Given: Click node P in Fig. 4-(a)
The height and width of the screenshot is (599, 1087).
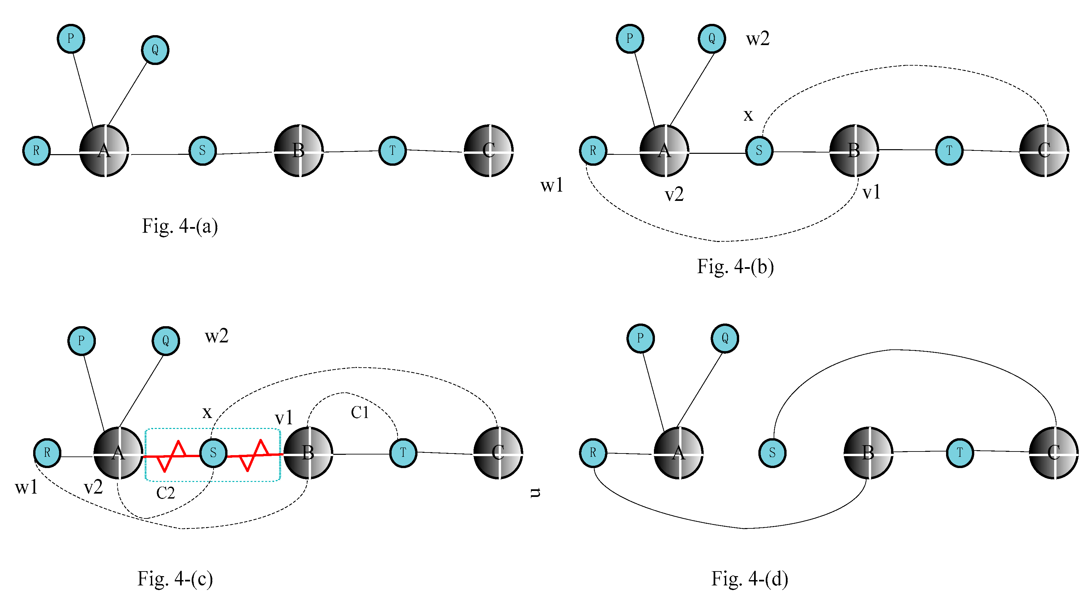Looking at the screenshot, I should (x=71, y=38).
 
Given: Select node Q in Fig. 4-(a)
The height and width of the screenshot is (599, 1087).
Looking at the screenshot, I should (x=155, y=50).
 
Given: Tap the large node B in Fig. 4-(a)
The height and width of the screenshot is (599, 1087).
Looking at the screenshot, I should (x=299, y=150).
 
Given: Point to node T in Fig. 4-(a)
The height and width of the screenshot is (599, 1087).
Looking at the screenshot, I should (x=392, y=150).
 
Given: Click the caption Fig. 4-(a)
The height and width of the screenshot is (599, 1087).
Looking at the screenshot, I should (x=180, y=226).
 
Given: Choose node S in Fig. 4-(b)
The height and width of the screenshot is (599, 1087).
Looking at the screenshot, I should (x=759, y=150).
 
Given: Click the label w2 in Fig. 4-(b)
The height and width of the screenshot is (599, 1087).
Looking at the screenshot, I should (x=757, y=39).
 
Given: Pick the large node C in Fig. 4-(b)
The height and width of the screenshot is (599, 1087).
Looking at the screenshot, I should (x=1044, y=150).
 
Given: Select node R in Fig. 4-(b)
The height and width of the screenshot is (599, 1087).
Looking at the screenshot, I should (x=593, y=150).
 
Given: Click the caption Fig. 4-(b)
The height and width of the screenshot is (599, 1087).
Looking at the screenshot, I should (x=735, y=267).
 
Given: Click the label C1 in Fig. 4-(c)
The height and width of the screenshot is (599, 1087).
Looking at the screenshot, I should (x=359, y=413).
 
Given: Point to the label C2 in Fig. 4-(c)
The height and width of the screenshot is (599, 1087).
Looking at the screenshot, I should (x=165, y=493).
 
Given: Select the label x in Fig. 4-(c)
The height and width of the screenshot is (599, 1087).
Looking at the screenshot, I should (x=207, y=412).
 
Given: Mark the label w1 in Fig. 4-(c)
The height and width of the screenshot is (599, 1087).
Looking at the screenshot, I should (x=26, y=487).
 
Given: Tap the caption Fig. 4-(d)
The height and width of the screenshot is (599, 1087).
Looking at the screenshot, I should (x=749, y=578).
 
